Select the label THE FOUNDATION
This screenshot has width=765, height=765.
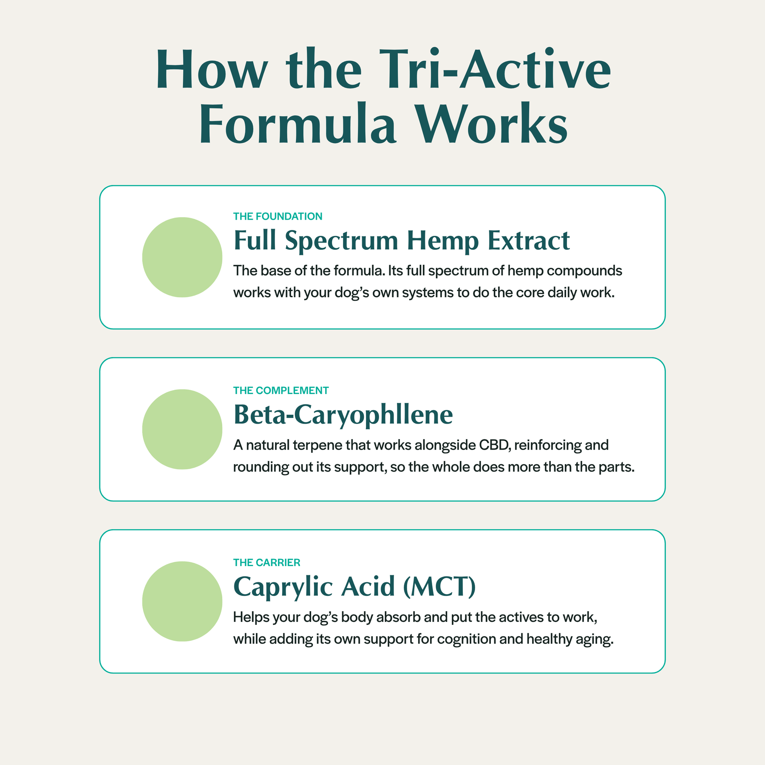coord(278,216)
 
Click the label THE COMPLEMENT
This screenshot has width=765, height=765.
coord(281,391)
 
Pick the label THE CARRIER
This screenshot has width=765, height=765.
coord(267,563)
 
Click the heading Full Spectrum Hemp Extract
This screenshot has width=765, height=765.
coord(402,241)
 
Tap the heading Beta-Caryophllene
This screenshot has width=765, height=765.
coord(343,415)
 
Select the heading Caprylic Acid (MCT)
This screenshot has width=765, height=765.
coord(354,587)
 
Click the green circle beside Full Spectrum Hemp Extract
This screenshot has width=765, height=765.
coord(182,257)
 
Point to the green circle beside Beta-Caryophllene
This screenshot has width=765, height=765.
coord(182,429)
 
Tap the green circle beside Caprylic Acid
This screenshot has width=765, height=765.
coord(182,601)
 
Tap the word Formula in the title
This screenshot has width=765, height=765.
coord(297,123)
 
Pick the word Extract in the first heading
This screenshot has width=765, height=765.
coord(529,241)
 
